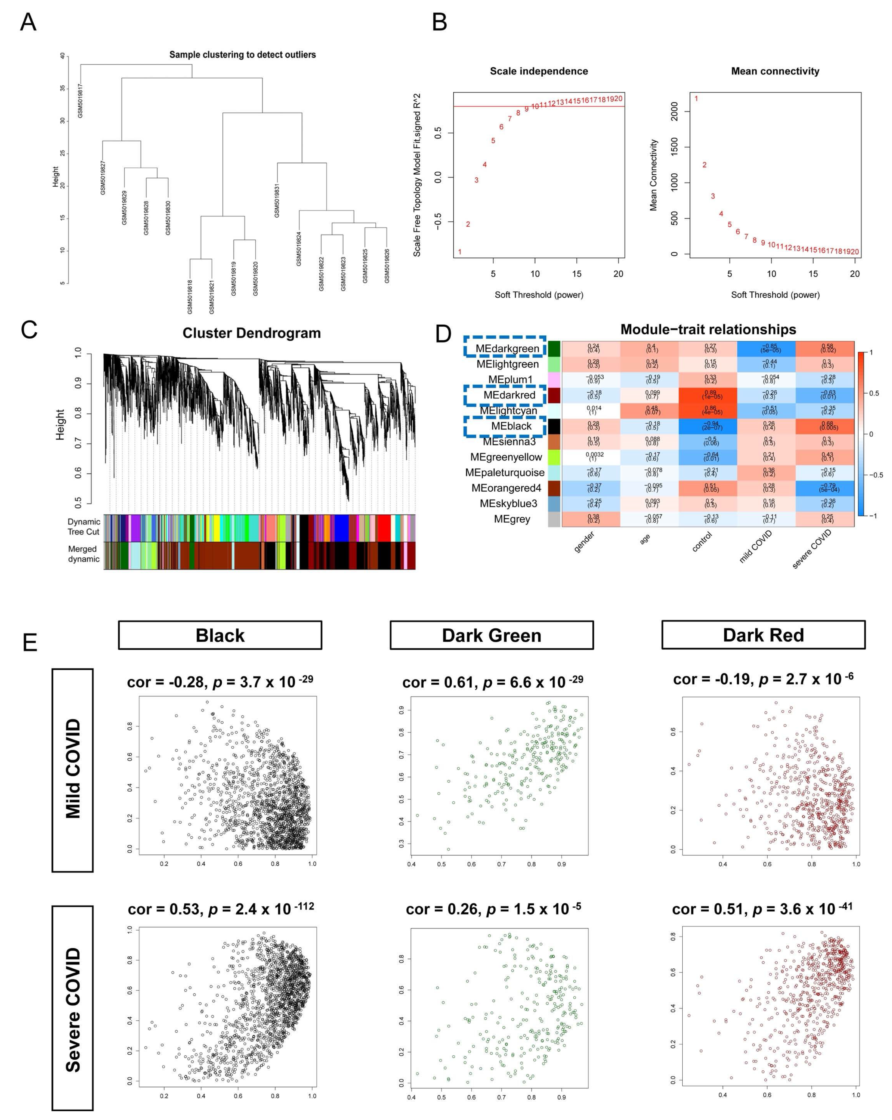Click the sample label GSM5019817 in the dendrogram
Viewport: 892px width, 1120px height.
tap(81, 100)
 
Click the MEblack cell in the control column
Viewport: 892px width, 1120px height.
tap(708, 426)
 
